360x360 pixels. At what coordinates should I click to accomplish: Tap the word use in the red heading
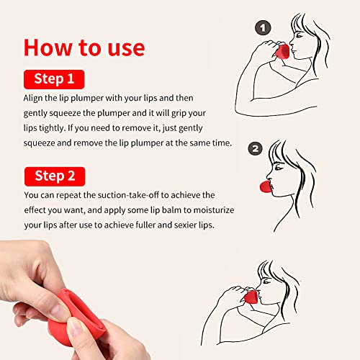coord(123,47)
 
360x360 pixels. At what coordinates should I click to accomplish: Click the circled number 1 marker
coord(263,28)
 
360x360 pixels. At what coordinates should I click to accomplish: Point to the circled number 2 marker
coord(254,150)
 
